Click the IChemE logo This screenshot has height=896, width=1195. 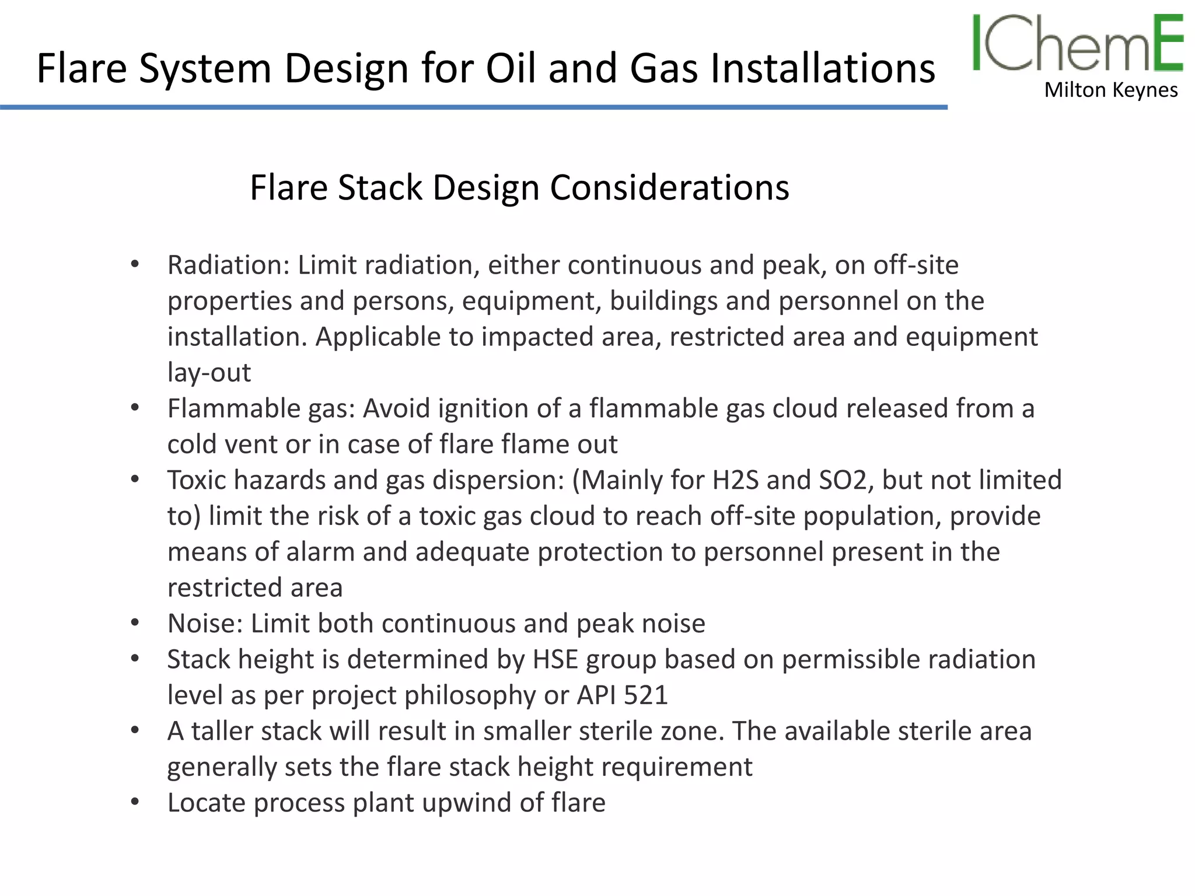(1077, 44)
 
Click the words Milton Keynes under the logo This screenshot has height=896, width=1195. (1111, 90)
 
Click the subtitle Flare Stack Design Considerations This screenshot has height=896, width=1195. (519, 187)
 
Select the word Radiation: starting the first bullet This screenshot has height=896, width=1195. (228, 265)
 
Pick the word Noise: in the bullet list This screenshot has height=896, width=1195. (205, 623)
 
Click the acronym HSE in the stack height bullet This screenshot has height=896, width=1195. (555, 659)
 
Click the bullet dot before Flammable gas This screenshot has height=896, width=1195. (135, 408)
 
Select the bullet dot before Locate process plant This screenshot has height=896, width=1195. (135, 803)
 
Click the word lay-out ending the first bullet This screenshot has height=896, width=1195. (209, 372)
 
